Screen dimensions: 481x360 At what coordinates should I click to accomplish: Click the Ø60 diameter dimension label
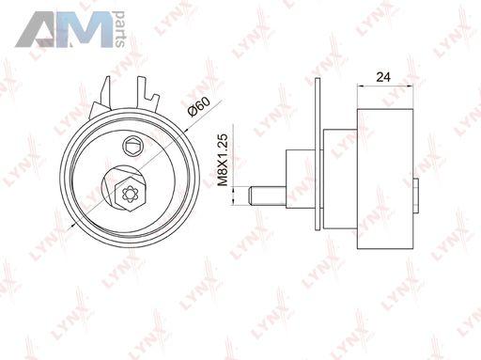(198, 106)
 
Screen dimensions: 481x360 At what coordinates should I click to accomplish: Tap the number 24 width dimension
(383, 76)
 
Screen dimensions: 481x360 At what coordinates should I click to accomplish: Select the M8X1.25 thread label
(223, 160)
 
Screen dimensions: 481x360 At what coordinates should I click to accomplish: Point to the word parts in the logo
(119, 29)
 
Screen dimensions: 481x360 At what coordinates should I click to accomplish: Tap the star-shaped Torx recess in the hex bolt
(130, 194)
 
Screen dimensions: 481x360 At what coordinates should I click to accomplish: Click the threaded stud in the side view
(268, 196)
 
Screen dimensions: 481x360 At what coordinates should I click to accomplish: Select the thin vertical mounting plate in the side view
(318, 154)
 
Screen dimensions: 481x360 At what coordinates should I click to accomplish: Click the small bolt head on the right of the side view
(415, 196)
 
